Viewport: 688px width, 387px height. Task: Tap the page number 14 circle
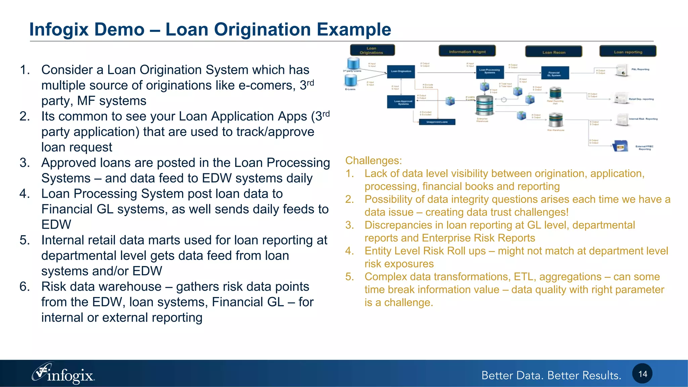pyautogui.click(x=642, y=374)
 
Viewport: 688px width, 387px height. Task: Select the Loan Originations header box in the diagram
pyautogui.click(x=372, y=50)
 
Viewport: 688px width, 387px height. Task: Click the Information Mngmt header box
pyautogui.click(x=467, y=51)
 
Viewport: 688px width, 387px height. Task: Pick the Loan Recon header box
pyautogui.click(x=554, y=52)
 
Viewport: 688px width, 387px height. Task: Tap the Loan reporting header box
pyautogui.click(x=628, y=52)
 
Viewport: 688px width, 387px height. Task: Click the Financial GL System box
pyautogui.click(x=555, y=73)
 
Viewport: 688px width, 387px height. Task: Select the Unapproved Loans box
pyautogui.click(x=437, y=122)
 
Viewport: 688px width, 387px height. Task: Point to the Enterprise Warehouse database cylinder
pyautogui.click(x=484, y=105)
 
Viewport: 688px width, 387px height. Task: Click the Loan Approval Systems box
pyautogui.click(x=403, y=102)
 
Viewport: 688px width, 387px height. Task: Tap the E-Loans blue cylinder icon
pyautogui.click(x=350, y=80)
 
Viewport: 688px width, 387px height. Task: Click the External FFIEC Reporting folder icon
pyautogui.click(x=620, y=146)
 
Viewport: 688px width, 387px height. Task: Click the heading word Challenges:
pyautogui.click(x=373, y=161)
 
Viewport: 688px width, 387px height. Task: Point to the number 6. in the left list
pyautogui.click(x=25, y=287)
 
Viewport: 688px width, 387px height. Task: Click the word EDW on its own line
pyautogui.click(x=56, y=224)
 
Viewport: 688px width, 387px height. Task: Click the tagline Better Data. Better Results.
pyautogui.click(x=551, y=375)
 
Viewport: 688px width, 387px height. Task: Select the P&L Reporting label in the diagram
pyautogui.click(x=640, y=69)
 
